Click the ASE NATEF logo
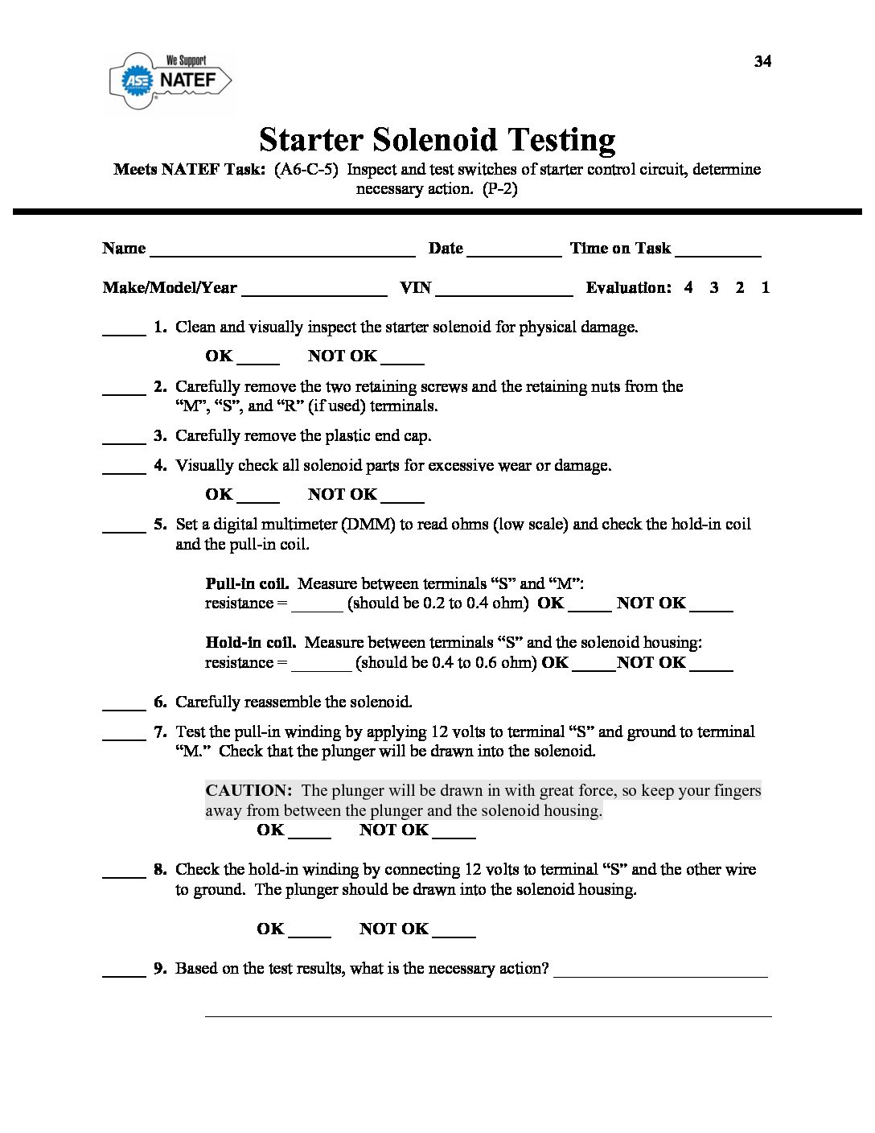pos(170,80)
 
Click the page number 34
pos(762,62)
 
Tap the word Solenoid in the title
pos(433,140)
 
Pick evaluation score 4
pos(688,287)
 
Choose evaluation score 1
pos(765,287)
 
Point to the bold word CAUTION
pos(249,790)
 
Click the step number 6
pos(160,702)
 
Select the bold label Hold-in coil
pos(251,642)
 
